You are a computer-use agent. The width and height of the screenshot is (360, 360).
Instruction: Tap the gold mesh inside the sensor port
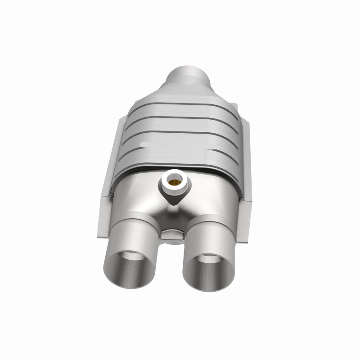174,182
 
